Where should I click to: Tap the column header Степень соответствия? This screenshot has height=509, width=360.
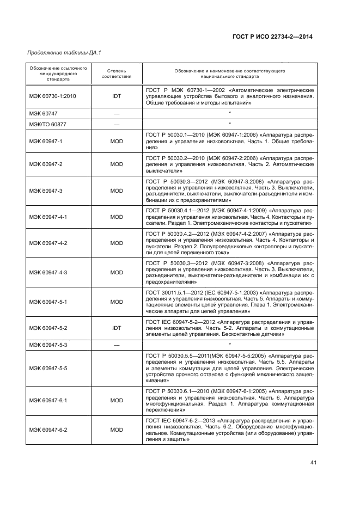point(116,74)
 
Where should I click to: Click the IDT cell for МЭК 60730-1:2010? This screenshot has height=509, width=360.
point(116,95)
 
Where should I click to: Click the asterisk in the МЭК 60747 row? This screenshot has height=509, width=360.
point(230,113)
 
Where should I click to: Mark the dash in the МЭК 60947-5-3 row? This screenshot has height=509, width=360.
point(116,345)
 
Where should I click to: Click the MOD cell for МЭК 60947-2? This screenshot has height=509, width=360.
point(116,164)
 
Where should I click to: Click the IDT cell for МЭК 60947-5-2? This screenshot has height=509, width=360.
point(116,328)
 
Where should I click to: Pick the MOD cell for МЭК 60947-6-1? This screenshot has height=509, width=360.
point(116,400)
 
